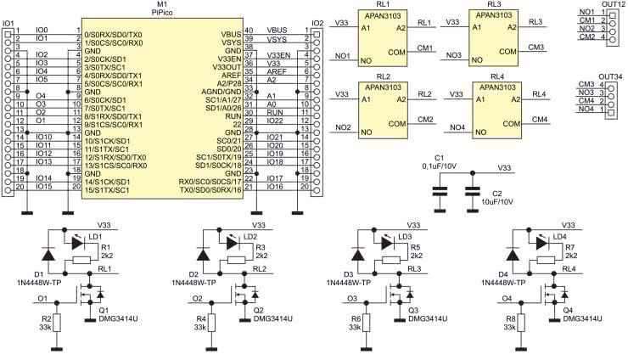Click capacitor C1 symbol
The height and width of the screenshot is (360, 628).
[x=440, y=194]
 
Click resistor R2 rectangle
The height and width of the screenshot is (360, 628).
[x=57, y=321]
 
